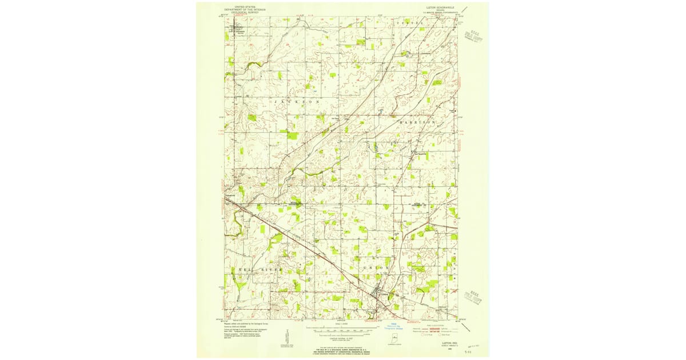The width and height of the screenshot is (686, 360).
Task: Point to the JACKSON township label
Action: coord(297,102)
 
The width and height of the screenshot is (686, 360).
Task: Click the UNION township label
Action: coord(376,267)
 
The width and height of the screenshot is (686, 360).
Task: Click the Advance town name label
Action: coord(238,31)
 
